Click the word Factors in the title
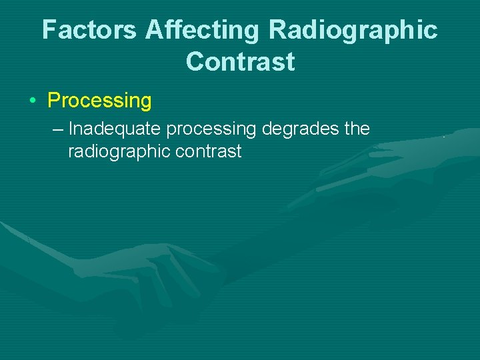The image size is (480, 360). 90,30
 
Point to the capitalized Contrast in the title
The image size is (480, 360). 240,61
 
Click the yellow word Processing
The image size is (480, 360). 100,101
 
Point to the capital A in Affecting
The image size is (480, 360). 152,30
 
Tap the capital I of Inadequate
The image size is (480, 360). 71,128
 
